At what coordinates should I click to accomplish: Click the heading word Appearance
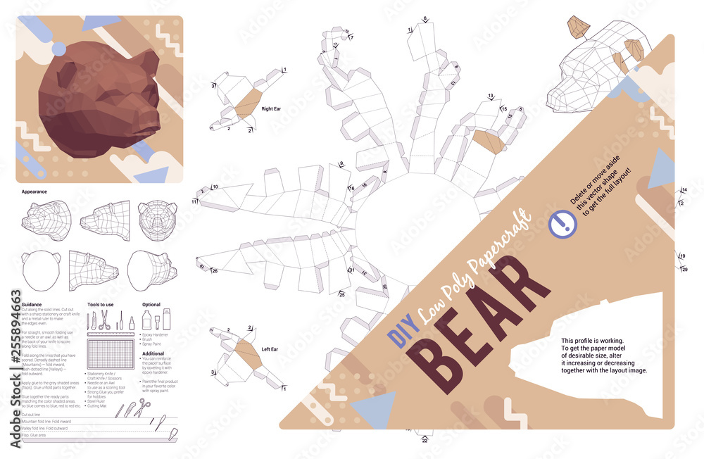34,190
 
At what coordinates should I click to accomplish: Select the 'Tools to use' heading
100,304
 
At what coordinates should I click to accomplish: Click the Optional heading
152,304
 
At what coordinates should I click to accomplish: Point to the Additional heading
153,353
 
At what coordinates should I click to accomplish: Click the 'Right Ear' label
272,109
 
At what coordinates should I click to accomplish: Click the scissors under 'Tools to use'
103,321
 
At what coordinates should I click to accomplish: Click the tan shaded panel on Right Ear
248,103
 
